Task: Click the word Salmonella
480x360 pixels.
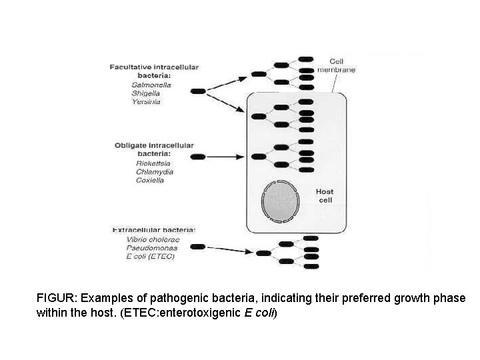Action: (151, 85)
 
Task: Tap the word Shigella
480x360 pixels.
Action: (147, 93)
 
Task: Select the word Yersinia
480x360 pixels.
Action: (146, 102)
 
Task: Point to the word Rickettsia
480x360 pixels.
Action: (152, 163)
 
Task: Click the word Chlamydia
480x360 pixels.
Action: (154, 171)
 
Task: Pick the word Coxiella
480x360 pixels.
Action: (150, 180)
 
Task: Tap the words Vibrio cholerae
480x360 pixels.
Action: (152, 239)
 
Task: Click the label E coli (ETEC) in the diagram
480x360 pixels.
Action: (150, 256)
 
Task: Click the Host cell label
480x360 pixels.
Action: (325, 195)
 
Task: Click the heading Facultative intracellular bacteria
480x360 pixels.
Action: (154, 70)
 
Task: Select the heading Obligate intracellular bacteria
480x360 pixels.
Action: (153, 149)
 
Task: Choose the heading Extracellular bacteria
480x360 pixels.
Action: (153, 229)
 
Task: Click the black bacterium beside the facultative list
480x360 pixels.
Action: (199, 91)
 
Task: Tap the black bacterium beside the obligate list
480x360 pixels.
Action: (199, 157)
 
